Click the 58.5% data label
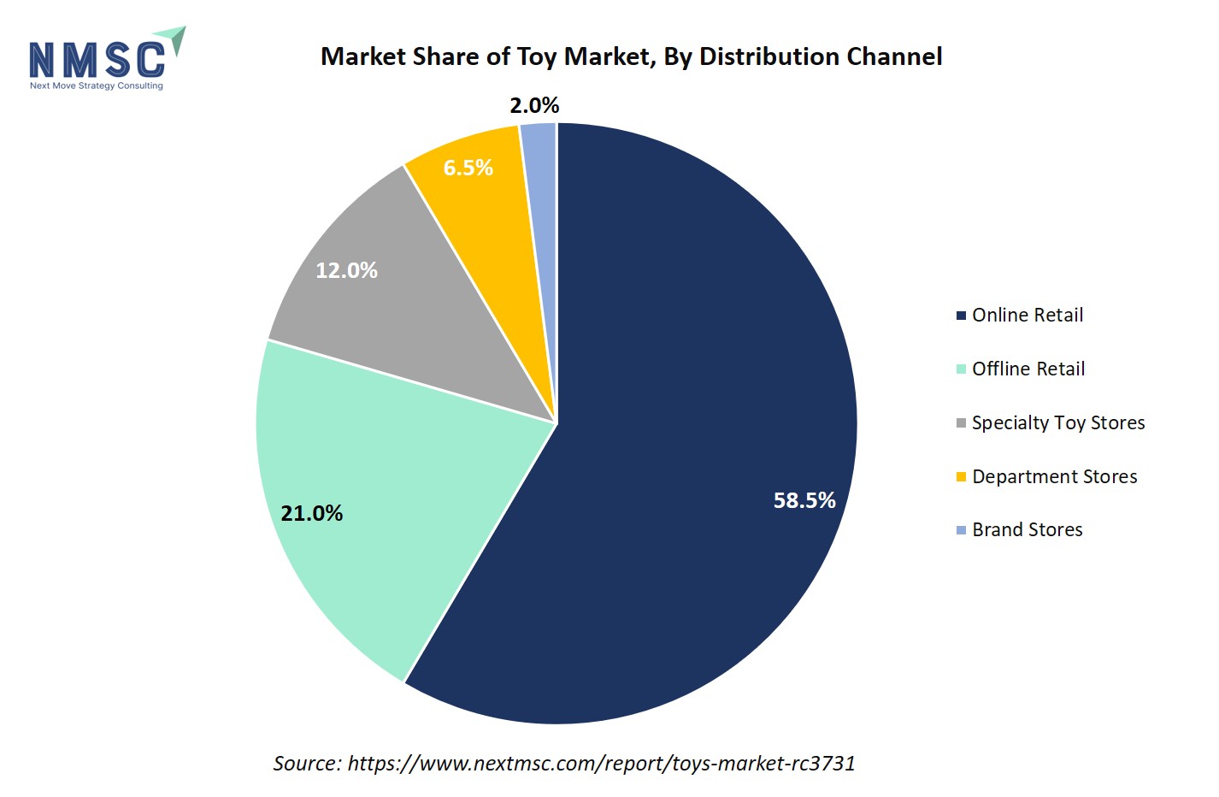click(804, 500)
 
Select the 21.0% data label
click(312, 513)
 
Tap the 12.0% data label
click(346, 270)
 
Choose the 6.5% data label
click(468, 168)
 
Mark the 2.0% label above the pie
click(534, 105)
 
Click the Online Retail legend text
click(1028, 315)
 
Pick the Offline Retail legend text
click(1028, 369)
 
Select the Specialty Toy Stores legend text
click(1058, 422)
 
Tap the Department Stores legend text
click(1055, 476)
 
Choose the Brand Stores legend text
click(1028, 529)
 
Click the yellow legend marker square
click(961, 476)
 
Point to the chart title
click(631, 56)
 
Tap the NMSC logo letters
click(97, 59)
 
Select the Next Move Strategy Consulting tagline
click(96, 86)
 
